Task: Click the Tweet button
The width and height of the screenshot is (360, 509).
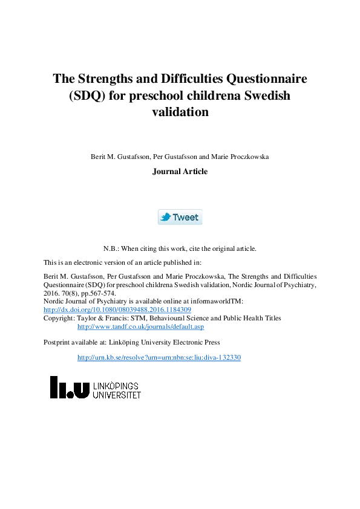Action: click(180, 217)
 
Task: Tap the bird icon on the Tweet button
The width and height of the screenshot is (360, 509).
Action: click(165, 217)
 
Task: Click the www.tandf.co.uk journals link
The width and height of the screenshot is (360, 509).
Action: click(140, 326)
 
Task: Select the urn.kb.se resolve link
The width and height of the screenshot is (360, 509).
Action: click(159, 357)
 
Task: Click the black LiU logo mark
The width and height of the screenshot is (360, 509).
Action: click(70, 387)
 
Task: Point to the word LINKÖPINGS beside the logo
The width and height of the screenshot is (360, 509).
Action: click(116, 386)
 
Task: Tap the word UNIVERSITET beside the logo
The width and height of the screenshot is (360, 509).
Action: click(117, 395)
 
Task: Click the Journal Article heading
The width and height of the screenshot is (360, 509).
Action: click(180, 171)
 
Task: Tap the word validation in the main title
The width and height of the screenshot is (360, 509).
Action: click(180, 112)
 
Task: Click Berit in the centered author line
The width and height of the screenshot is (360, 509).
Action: click(98, 157)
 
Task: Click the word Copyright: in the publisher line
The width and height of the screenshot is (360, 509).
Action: click(59, 318)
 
